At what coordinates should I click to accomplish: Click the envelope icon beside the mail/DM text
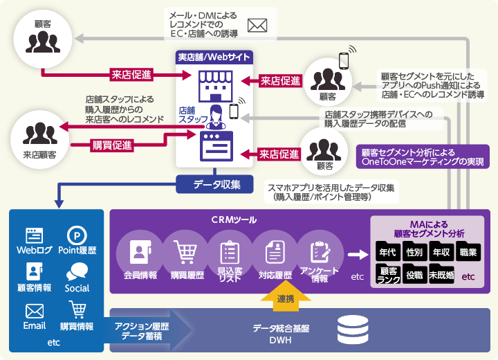[257, 26]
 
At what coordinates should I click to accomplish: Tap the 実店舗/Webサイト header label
[214, 57]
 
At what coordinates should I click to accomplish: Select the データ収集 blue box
[217, 184]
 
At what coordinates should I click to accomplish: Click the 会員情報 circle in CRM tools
[139, 253]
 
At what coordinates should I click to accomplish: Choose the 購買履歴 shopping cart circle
[185, 253]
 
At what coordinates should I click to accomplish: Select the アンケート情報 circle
[320, 253]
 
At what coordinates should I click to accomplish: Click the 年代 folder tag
[388, 252]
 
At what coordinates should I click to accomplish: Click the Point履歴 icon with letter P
[77, 235]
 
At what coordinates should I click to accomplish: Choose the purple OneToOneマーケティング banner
[422, 157]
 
